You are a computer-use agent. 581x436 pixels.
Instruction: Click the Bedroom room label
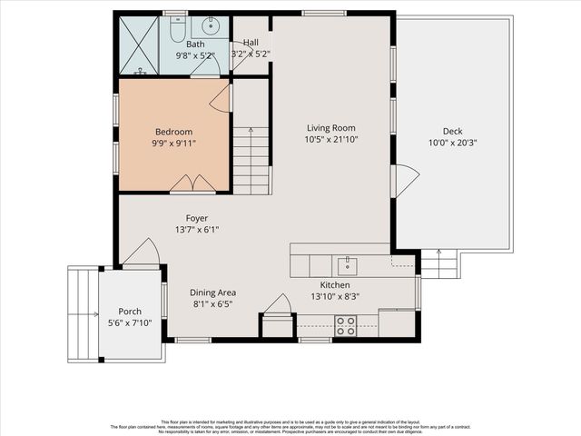coord(173,132)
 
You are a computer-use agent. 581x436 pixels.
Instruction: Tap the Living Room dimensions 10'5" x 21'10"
coord(330,140)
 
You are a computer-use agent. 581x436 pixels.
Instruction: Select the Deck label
coord(452,131)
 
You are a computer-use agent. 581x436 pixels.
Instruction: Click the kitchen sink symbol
coord(346,265)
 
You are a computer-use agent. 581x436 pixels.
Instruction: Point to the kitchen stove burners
coord(345,325)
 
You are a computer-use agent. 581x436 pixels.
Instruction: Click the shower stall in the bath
coord(138,45)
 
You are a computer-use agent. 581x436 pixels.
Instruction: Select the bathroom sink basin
coord(211,24)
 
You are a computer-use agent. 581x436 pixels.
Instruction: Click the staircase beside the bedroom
coord(251,160)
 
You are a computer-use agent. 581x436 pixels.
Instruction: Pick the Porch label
coord(124,312)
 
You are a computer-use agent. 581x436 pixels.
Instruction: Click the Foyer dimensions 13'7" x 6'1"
coord(197,230)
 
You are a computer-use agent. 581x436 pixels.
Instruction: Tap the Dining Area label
coord(213,292)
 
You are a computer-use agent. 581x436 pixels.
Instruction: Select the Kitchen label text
coord(329,284)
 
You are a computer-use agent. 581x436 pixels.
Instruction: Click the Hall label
coord(251,43)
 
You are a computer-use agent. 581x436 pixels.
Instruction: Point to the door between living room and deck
coord(403,181)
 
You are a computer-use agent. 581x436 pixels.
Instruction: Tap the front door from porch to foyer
coord(141,254)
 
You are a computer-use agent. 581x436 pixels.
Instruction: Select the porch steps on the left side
coord(83,313)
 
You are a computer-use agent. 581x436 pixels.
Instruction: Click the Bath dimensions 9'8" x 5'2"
coord(195,54)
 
